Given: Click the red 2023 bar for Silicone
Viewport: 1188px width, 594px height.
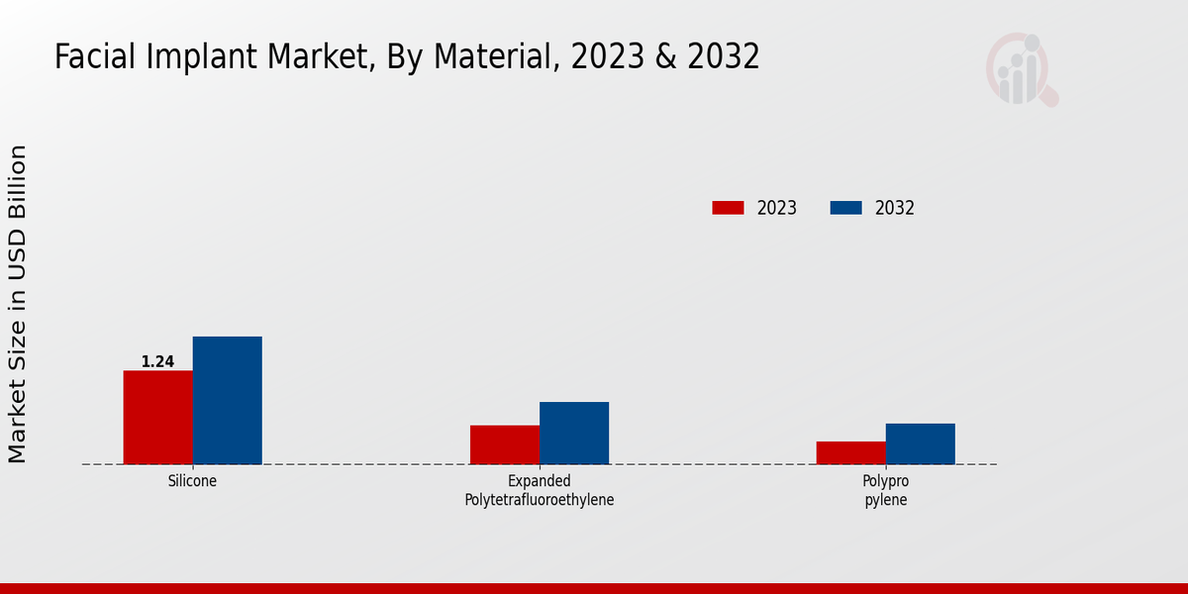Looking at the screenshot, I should [x=157, y=417].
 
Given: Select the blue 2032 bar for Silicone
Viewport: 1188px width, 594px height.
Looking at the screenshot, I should [x=227, y=400].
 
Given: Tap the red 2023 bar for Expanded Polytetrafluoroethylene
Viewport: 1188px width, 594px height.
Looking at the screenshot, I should [x=504, y=445].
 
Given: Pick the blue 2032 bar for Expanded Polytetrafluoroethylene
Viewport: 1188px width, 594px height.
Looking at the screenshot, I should [x=573, y=433].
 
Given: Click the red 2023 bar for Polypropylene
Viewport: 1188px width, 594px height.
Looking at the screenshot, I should [x=850, y=452].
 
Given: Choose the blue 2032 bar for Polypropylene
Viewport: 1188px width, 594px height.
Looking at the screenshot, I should [x=920, y=444].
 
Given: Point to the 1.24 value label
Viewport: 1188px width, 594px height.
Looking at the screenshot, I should [x=157, y=362].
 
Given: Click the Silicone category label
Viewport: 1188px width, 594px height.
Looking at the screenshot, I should [x=192, y=481].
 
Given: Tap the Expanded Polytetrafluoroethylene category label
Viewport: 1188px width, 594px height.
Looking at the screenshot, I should [x=539, y=491].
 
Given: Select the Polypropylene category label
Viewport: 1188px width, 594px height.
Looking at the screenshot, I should [x=885, y=491].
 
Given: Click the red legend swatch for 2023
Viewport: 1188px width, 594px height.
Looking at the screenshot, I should [x=728, y=208].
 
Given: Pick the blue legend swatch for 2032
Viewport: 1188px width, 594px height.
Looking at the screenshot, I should [x=845, y=208].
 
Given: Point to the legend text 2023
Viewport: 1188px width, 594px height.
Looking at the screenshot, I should [x=777, y=208].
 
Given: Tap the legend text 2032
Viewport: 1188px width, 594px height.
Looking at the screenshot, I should [x=895, y=208].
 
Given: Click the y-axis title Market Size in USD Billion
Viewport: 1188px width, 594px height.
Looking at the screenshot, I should [x=18, y=304].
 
